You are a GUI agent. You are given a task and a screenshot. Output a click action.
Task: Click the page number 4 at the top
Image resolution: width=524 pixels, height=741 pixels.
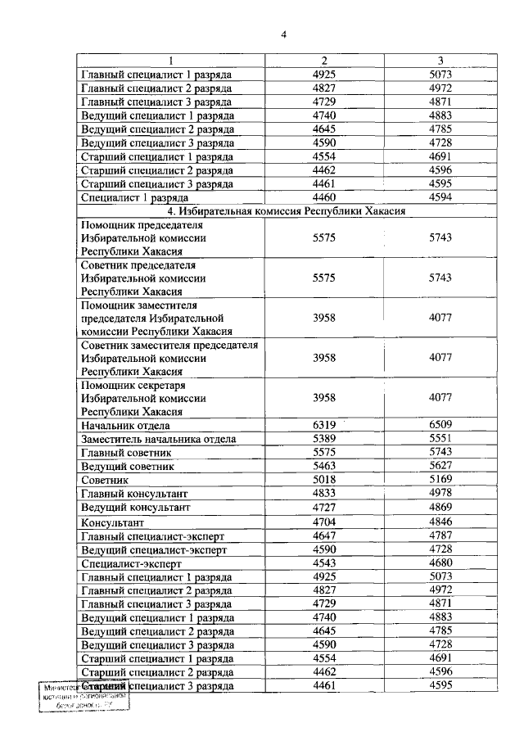click(283, 34)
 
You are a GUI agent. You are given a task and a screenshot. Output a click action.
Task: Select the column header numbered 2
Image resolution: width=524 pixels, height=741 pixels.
click(324, 61)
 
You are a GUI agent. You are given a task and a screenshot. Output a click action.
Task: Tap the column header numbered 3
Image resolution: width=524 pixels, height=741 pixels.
click(440, 61)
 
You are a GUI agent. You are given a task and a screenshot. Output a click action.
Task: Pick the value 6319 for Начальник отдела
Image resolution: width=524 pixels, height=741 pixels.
click(324, 425)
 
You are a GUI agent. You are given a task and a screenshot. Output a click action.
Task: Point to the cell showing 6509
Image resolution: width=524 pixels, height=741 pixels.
click(440, 425)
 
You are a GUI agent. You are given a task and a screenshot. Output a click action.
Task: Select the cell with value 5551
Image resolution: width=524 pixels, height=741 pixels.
click(440, 439)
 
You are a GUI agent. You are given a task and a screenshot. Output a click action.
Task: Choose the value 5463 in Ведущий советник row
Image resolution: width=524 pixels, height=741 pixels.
click(324, 466)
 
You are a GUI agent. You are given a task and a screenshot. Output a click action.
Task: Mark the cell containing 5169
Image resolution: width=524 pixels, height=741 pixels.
click(440, 480)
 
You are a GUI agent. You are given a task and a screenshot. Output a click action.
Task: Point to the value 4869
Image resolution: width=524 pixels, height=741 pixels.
click(440, 508)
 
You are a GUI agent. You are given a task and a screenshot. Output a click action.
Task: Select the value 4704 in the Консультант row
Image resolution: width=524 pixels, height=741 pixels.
click(324, 522)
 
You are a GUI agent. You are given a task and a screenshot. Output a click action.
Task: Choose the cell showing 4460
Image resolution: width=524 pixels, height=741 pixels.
click(324, 197)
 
